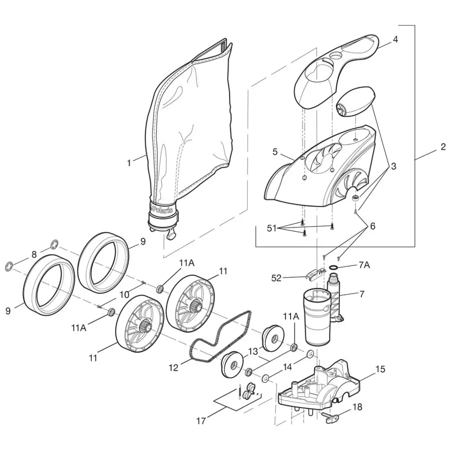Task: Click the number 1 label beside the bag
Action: point(129,162)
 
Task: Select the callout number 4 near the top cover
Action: point(395,39)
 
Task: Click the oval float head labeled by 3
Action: point(354,101)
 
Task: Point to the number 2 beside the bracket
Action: point(442,147)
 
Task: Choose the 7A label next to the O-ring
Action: point(364,265)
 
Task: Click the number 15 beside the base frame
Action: point(380,369)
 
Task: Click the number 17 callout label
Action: point(201,421)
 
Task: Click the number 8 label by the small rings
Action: point(34,255)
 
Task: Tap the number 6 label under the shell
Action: point(372,226)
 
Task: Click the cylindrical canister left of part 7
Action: point(314,318)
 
